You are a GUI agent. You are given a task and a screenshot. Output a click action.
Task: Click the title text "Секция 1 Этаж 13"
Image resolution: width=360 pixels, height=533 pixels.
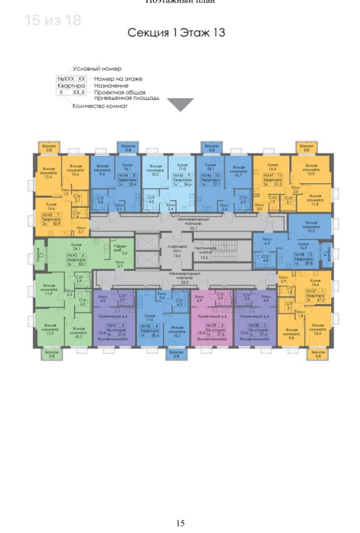tap(176, 33)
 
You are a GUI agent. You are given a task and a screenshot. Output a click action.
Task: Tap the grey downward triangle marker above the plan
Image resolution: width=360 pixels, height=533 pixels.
tap(183, 105)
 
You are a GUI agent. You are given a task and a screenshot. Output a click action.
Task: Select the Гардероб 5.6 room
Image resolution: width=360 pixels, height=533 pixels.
tap(119, 250)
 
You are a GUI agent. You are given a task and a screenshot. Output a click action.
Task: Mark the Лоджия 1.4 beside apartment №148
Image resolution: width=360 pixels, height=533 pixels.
tap(326, 254)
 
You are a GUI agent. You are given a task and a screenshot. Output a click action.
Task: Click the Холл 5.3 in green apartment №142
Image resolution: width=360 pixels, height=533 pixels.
tap(69, 294)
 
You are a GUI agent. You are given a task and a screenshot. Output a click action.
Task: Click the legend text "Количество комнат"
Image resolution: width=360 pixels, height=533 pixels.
tap(100, 106)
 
